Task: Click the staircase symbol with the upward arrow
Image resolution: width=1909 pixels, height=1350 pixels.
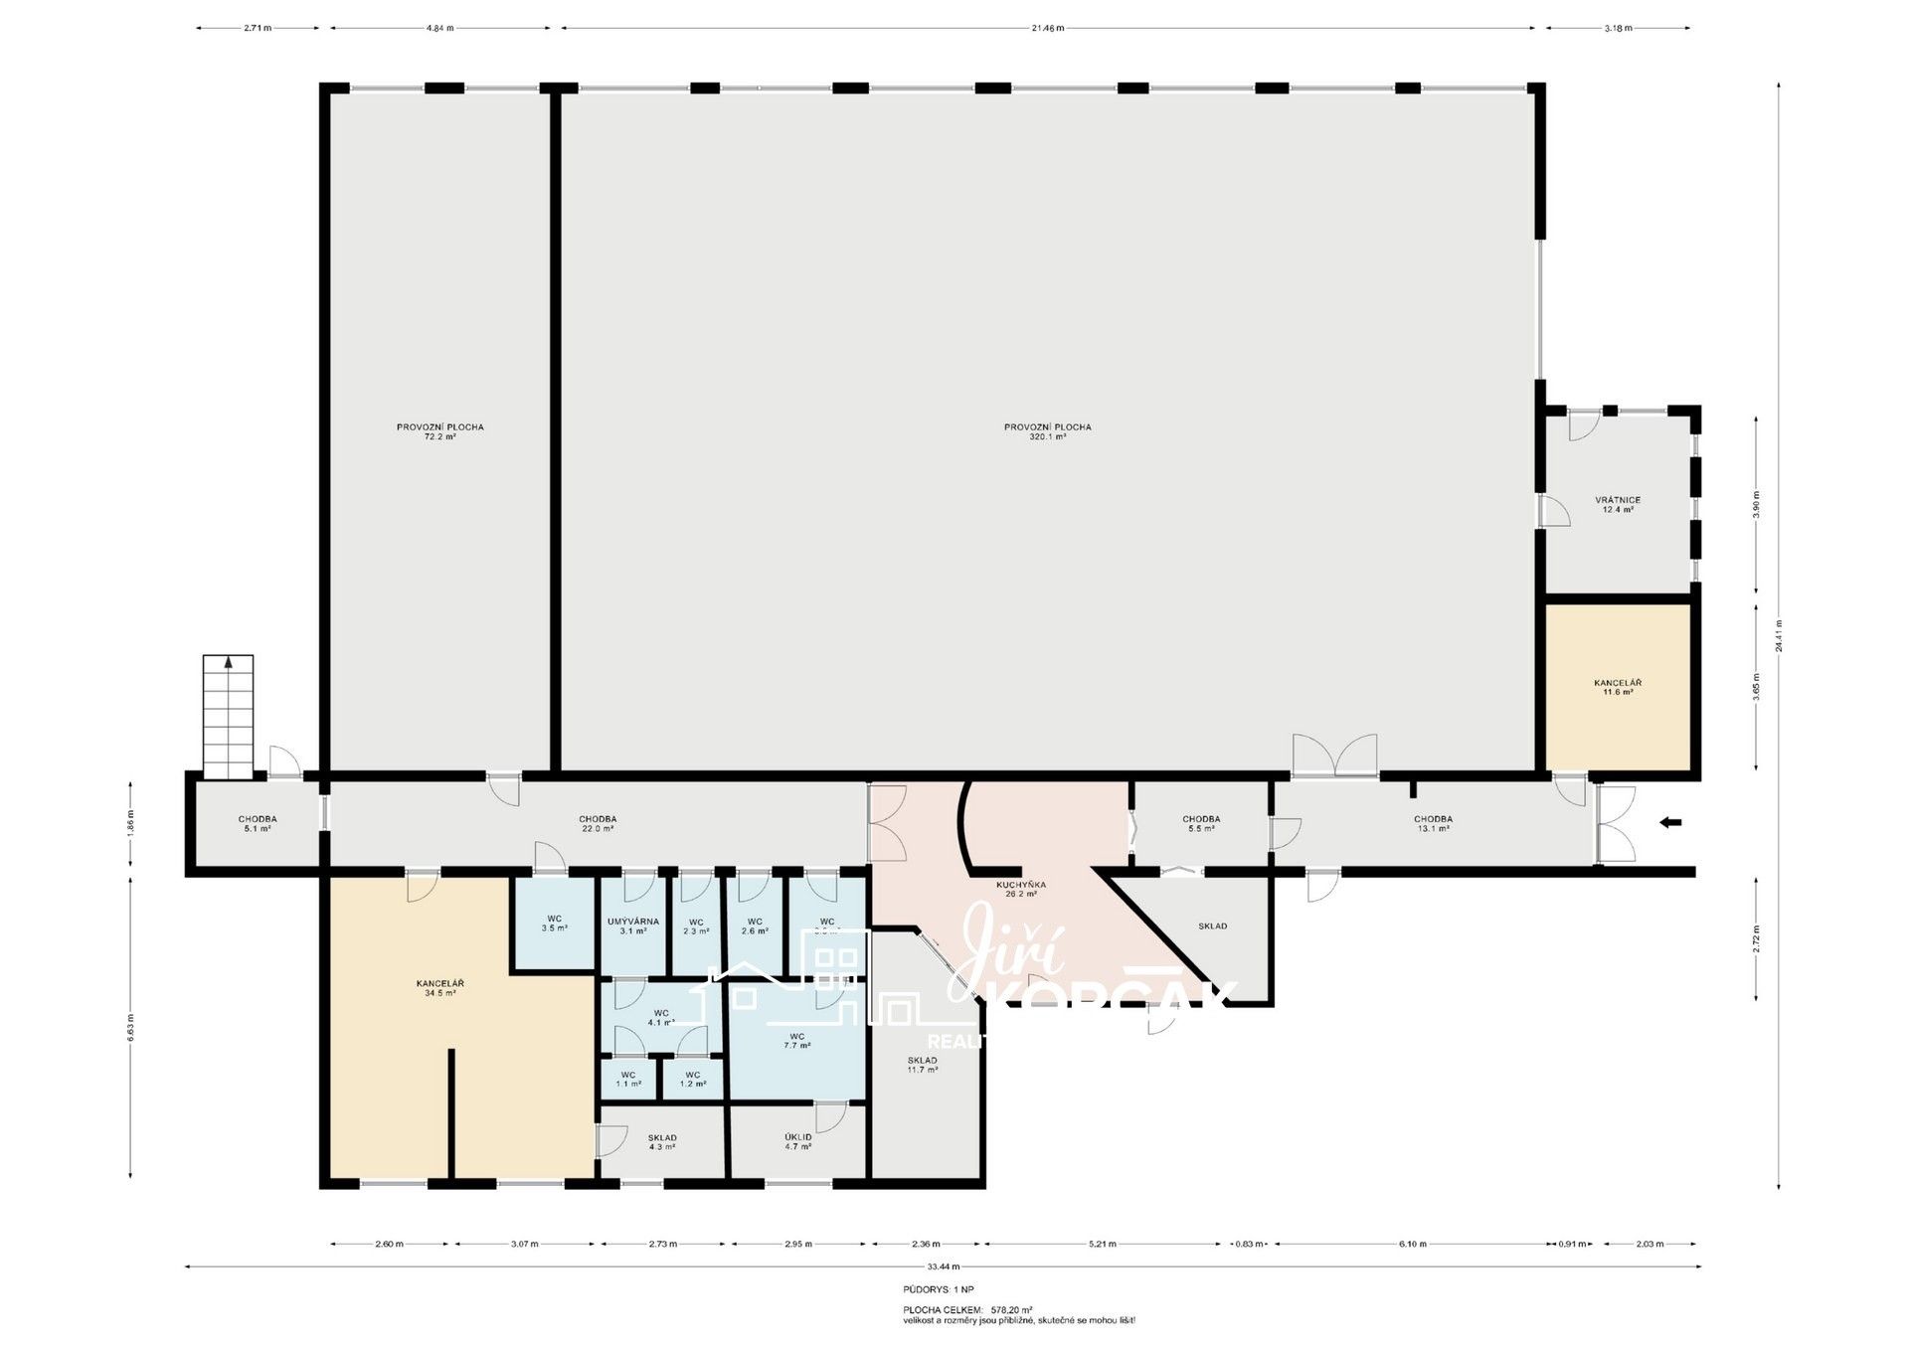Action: pyautogui.click(x=228, y=716)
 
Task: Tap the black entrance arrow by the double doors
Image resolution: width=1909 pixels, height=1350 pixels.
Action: pyautogui.click(x=1670, y=822)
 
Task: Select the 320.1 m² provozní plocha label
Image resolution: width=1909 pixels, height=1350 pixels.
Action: pyautogui.click(x=1047, y=431)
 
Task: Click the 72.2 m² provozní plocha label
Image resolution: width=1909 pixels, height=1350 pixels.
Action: pyautogui.click(x=439, y=431)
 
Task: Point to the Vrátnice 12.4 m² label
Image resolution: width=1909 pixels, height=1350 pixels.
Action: pyautogui.click(x=1618, y=505)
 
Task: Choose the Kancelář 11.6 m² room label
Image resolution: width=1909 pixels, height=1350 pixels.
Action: pyautogui.click(x=1618, y=687)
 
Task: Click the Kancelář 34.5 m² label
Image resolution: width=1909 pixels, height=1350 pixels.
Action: pyautogui.click(x=439, y=987)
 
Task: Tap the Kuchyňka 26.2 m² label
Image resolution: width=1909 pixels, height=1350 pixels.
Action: pyautogui.click(x=1021, y=889)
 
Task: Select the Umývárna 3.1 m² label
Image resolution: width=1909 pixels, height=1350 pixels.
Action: pyautogui.click(x=632, y=926)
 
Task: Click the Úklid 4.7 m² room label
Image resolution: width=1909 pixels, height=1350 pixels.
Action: pyautogui.click(x=797, y=1141)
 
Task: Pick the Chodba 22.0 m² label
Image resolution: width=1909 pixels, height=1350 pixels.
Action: pyautogui.click(x=597, y=823)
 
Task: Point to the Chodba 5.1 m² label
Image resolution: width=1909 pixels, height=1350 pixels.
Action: pyautogui.click(x=257, y=823)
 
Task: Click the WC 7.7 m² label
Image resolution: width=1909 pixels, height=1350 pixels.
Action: pyautogui.click(x=796, y=1040)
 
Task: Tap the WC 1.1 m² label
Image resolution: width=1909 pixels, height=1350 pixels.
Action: pyautogui.click(x=627, y=1079)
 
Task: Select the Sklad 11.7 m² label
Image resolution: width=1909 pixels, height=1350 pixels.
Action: pyautogui.click(x=922, y=1065)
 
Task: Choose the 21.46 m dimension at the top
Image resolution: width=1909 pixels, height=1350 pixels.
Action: pyautogui.click(x=1048, y=28)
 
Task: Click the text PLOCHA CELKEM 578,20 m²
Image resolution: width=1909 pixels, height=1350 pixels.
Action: pyautogui.click(x=967, y=1310)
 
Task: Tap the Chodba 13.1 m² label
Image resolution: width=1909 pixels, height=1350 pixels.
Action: pyautogui.click(x=1433, y=823)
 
